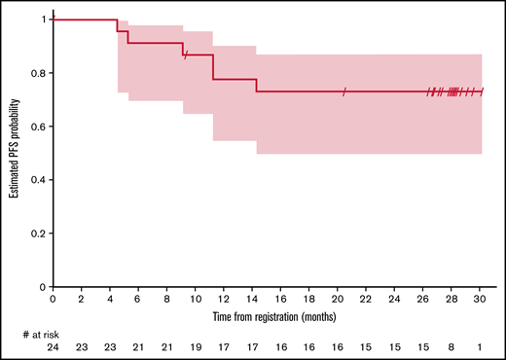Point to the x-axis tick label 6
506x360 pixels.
138,301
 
